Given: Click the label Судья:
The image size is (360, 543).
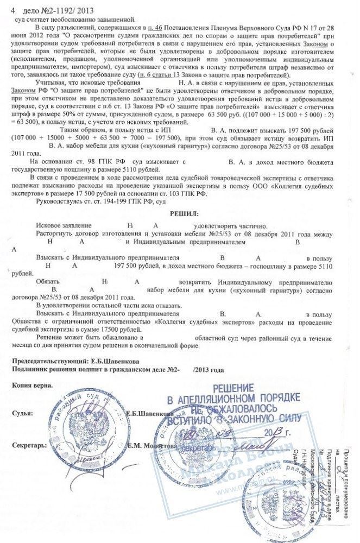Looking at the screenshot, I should tap(22, 414).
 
